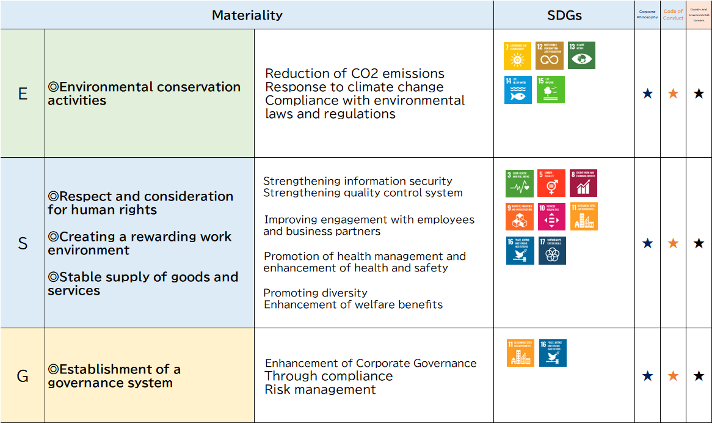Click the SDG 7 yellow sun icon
click(517, 56)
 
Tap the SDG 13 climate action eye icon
click(581, 56)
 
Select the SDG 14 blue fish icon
click(518, 90)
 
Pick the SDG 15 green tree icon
click(550, 90)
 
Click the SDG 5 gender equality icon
click(551, 183)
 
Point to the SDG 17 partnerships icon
click(552, 251)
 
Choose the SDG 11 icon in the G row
click(520, 353)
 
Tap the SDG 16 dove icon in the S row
click(520, 251)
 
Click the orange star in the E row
click(673, 94)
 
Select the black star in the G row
click(699, 376)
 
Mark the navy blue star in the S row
click(647, 243)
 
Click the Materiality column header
click(247, 15)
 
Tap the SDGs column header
click(564, 15)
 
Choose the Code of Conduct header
click(673, 15)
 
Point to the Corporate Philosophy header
click(647, 14)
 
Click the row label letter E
click(23, 94)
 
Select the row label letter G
click(23, 376)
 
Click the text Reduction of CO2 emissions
click(355, 74)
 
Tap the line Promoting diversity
click(315, 293)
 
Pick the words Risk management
click(320, 389)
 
